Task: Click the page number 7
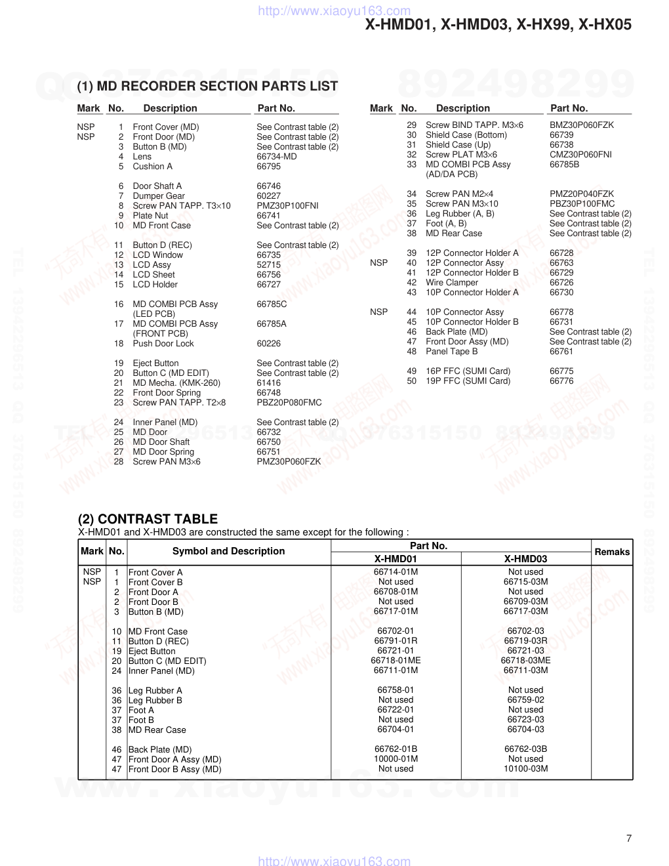tap(629, 838)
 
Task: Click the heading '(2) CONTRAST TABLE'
tap(148, 519)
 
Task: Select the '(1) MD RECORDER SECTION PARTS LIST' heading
tap(207, 86)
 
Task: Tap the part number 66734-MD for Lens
tap(276, 156)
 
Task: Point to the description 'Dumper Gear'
tap(159, 196)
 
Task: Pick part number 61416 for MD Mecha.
tap(268, 382)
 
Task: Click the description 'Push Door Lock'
tap(163, 343)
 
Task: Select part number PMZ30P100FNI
tap(287, 205)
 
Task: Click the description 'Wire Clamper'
tap(452, 282)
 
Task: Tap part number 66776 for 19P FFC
tap(561, 381)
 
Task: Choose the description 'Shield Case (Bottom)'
tap(466, 134)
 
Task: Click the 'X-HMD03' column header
tap(525, 559)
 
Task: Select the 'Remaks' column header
tap(612, 552)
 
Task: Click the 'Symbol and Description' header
tap(228, 551)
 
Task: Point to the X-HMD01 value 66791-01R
tap(395, 640)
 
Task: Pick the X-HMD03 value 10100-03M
tap(525, 768)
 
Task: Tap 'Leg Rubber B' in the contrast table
tap(155, 700)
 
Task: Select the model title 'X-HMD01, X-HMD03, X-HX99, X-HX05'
tap(498, 25)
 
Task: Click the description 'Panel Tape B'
tap(451, 351)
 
